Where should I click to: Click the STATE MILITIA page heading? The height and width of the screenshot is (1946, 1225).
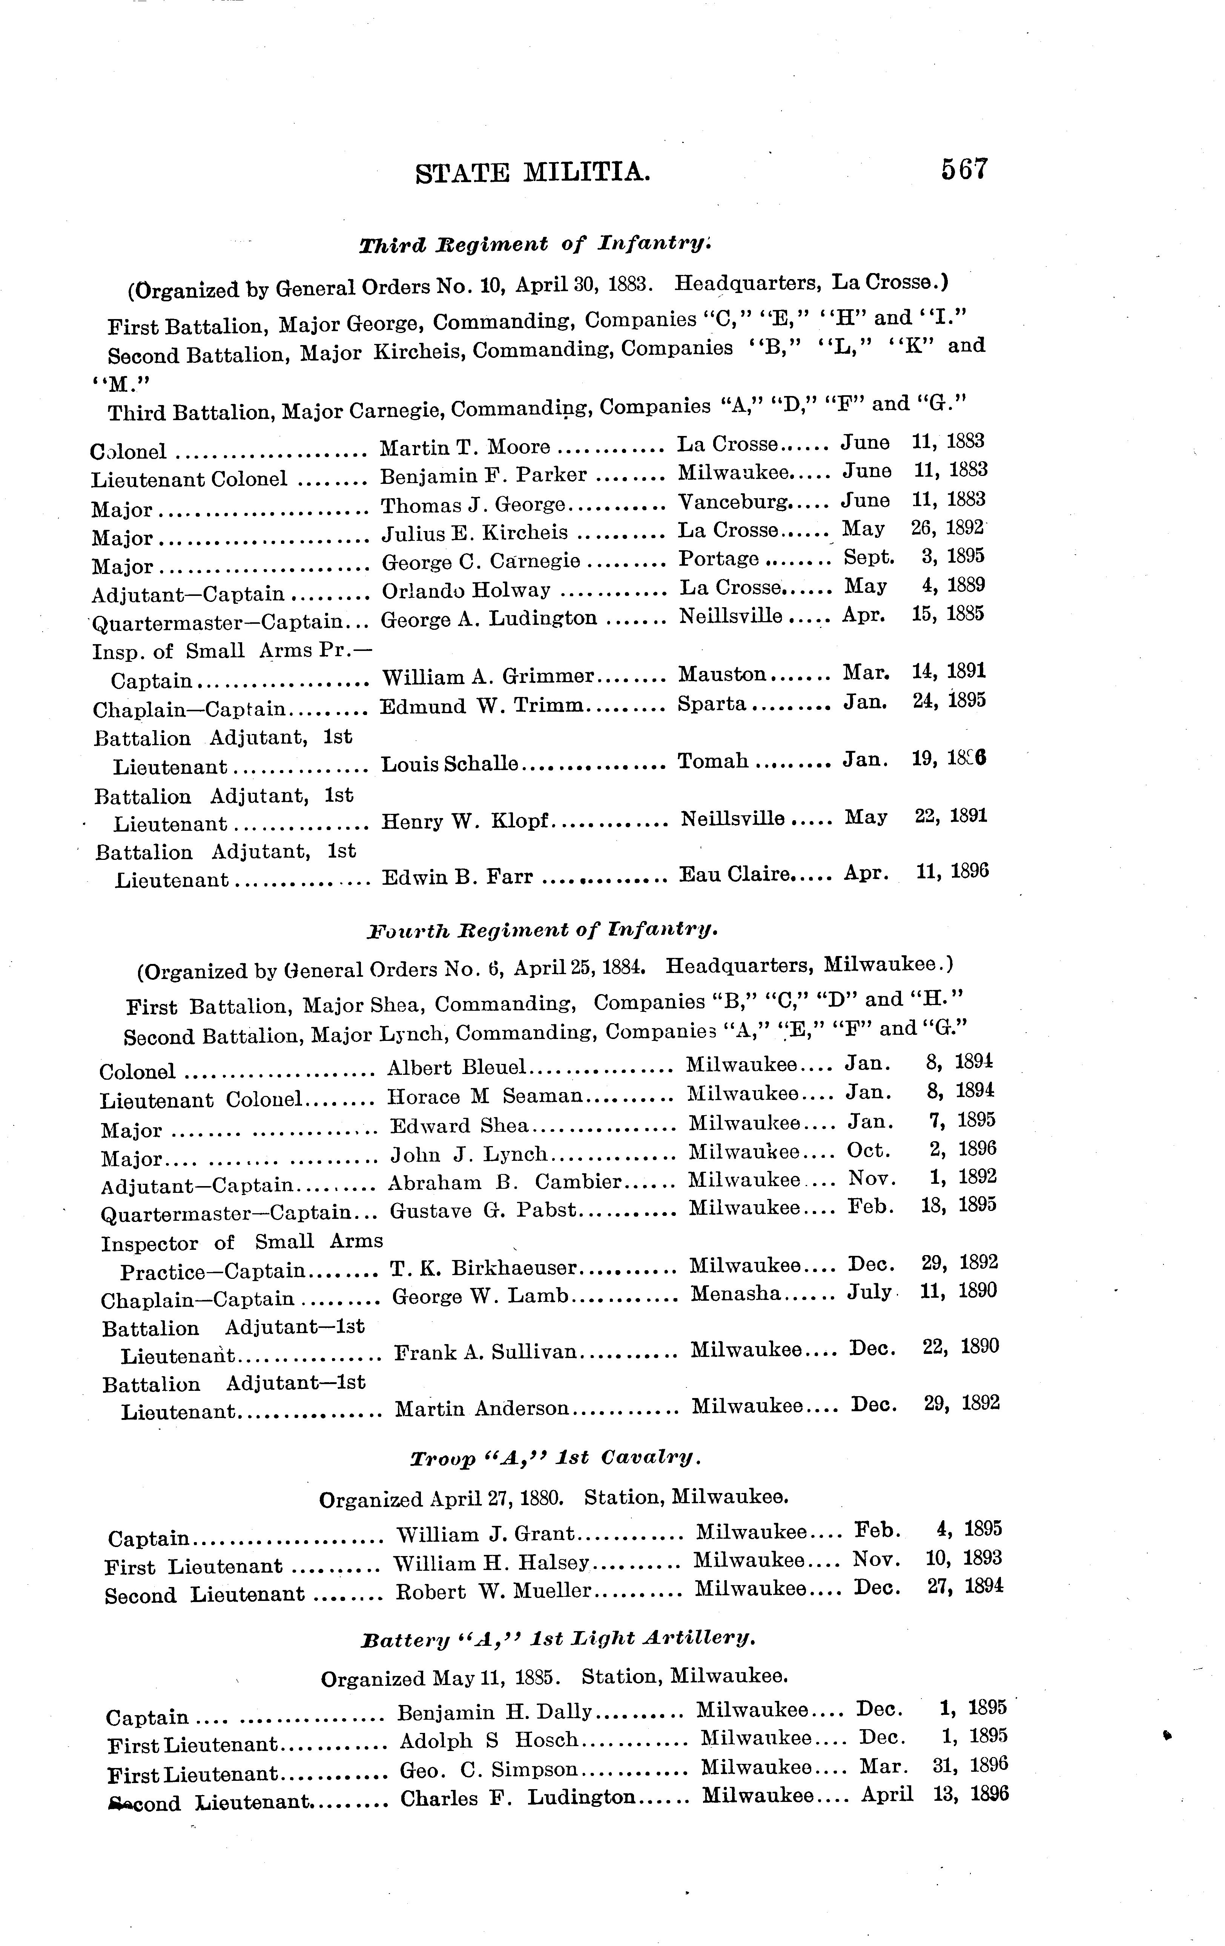pyautogui.click(x=533, y=173)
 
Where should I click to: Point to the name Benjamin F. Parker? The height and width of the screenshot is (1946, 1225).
pyautogui.click(x=483, y=475)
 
